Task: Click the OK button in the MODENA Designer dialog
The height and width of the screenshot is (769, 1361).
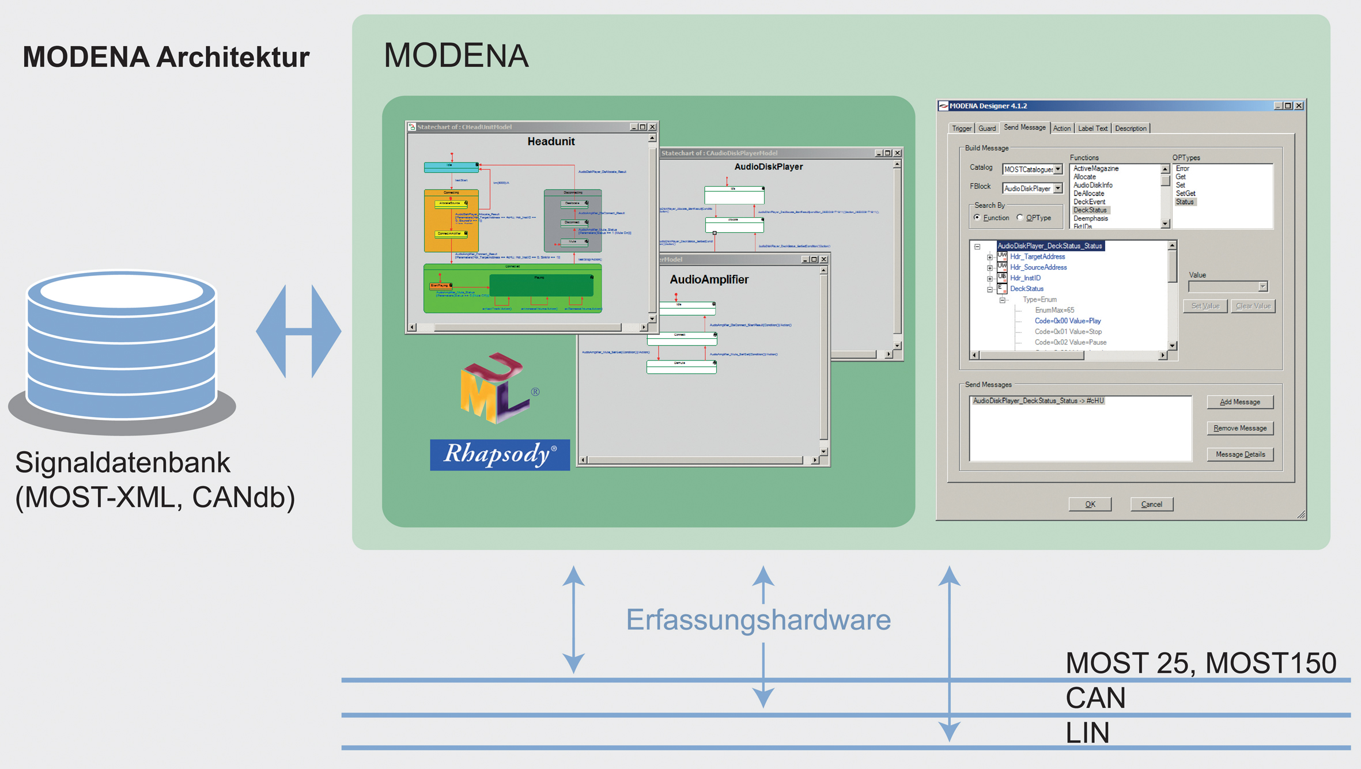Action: coord(1090,504)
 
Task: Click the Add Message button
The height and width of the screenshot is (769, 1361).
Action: coord(1239,402)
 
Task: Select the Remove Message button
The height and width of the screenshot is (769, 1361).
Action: coord(1239,428)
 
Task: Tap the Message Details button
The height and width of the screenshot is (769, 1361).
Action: coord(1240,454)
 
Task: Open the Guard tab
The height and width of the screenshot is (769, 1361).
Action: coord(986,128)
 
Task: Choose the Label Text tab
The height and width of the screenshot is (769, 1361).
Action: coord(1092,128)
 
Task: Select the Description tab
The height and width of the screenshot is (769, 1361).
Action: coord(1131,128)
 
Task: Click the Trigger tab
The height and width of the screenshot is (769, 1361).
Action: coord(961,128)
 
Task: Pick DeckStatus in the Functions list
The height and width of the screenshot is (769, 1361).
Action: coord(1090,210)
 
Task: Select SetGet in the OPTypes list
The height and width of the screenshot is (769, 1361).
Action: coord(1185,194)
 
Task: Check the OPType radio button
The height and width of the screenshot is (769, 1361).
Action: coord(1020,218)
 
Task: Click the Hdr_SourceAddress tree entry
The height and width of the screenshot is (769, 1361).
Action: coord(1038,267)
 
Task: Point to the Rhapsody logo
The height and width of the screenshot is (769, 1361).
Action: coord(500,454)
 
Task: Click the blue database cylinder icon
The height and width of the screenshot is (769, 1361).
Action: coord(122,346)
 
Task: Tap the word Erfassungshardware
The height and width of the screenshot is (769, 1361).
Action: coord(758,620)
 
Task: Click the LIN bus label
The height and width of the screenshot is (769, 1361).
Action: coord(1087,733)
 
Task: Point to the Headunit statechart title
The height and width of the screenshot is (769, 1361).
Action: coord(551,142)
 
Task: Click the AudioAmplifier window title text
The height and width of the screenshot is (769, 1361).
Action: coord(709,279)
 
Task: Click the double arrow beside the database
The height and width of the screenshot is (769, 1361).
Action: coord(298,331)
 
